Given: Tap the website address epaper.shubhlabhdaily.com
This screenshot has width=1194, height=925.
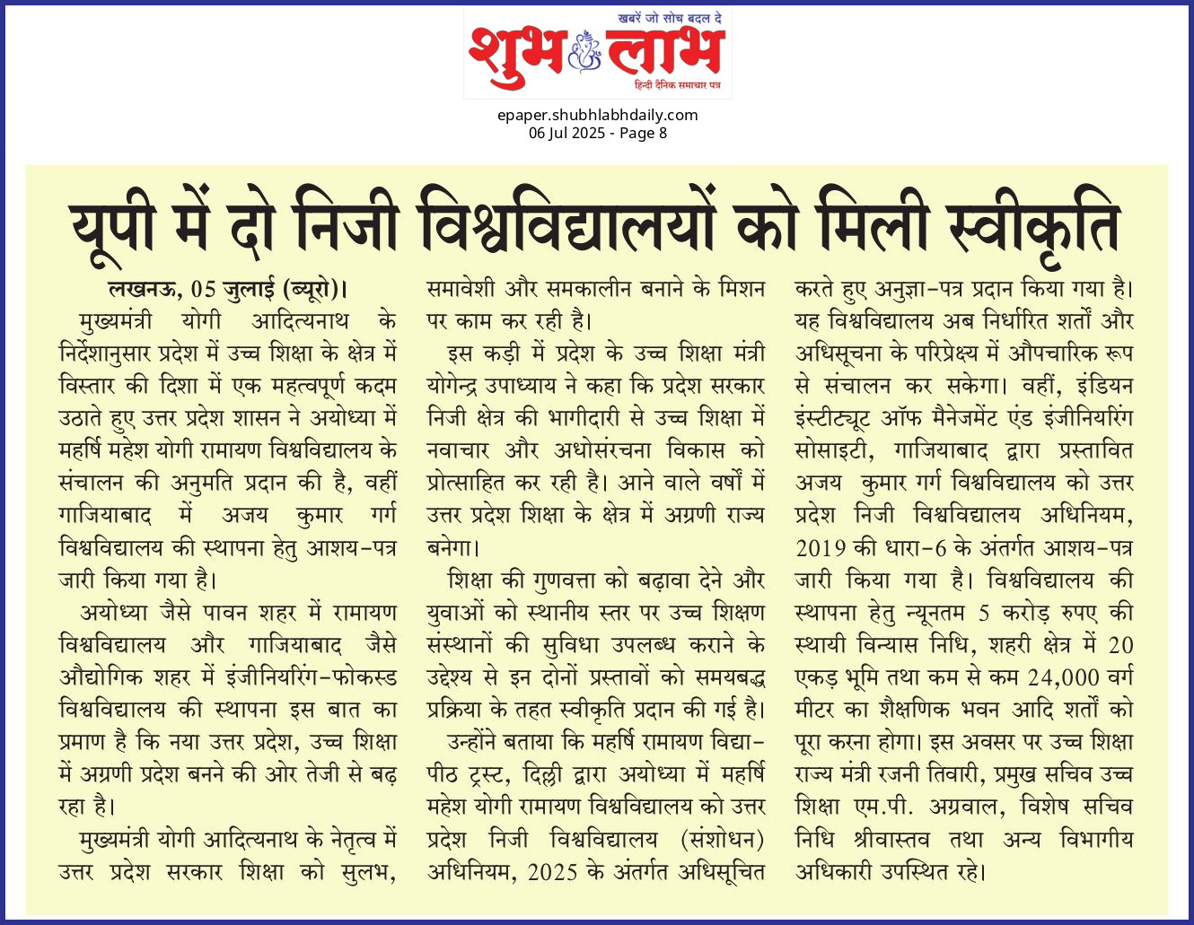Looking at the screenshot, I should pyautogui.click(x=597, y=115).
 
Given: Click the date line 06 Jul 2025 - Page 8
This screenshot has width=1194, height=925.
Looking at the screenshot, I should pyautogui.click(x=597, y=133).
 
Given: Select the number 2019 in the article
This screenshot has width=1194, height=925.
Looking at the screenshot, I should pyautogui.click(x=821, y=547).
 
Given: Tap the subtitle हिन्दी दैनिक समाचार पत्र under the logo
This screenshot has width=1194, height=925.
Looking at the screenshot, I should pyautogui.click(x=677, y=84).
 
